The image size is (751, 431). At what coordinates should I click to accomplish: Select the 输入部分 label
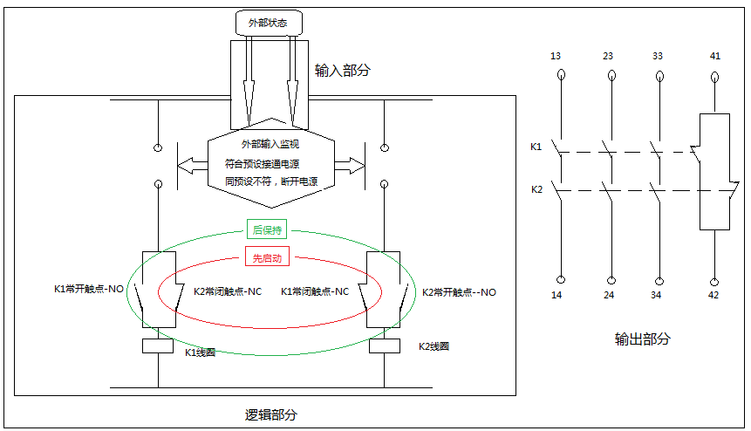pyautogui.click(x=342, y=70)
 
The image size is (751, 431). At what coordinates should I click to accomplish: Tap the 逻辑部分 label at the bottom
pyautogui.click(x=271, y=414)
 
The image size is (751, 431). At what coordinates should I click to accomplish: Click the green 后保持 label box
pyautogui.click(x=267, y=230)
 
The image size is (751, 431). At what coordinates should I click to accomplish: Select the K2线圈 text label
pyautogui.click(x=433, y=346)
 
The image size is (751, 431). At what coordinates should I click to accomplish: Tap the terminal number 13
pyautogui.click(x=556, y=56)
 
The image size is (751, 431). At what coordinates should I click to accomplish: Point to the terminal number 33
pyautogui.click(x=658, y=56)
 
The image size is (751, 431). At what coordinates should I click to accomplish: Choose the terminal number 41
pyautogui.click(x=715, y=56)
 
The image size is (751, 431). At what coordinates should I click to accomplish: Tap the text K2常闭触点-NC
pyautogui.click(x=228, y=291)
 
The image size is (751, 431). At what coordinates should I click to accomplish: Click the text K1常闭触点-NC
pyautogui.click(x=315, y=291)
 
